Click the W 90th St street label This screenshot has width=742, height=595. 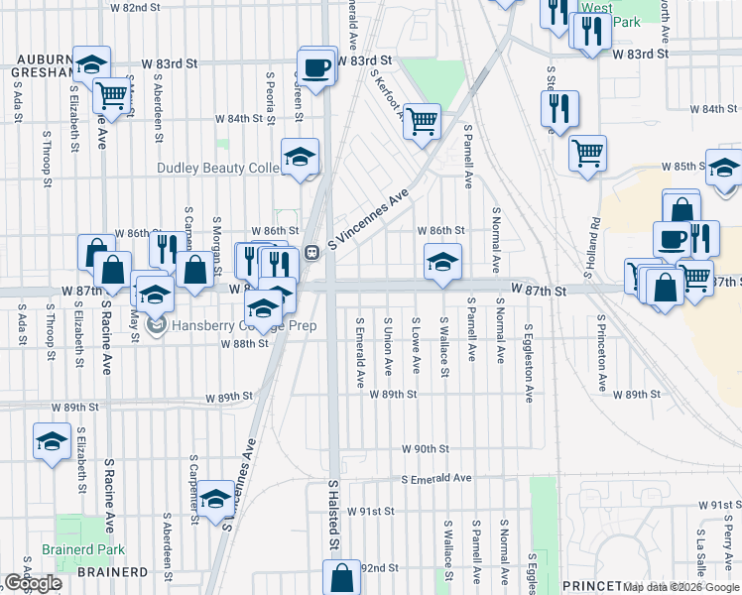click(x=427, y=448)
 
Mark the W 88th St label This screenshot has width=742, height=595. click(x=249, y=343)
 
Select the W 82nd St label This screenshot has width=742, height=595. click(x=136, y=7)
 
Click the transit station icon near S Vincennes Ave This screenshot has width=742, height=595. click(x=310, y=252)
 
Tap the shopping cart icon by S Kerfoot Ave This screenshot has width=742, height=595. click(x=423, y=121)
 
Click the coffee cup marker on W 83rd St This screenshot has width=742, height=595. click(x=316, y=66)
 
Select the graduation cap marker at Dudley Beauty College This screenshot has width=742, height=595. click(x=299, y=156)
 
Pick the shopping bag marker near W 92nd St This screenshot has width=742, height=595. click(x=341, y=577)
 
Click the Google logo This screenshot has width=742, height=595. click(x=33, y=583)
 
